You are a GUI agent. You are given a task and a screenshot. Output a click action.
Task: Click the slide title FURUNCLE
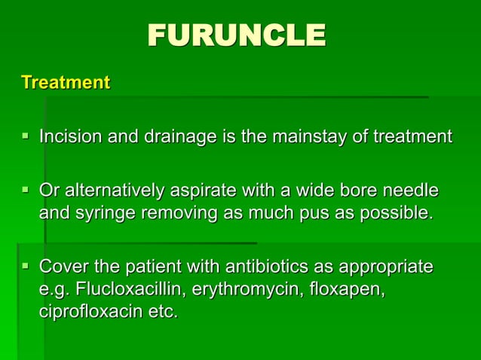click(x=237, y=35)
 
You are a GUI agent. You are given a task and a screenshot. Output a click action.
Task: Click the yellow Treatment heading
click(x=66, y=82)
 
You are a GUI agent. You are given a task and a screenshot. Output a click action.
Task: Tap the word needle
click(x=412, y=191)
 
